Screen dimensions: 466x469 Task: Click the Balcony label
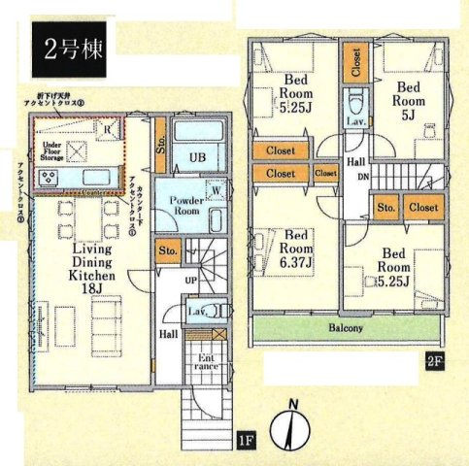click(345, 329)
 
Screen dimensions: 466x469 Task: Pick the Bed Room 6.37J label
click(295, 249)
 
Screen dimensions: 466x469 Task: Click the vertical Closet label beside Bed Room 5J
click(356, 64)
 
